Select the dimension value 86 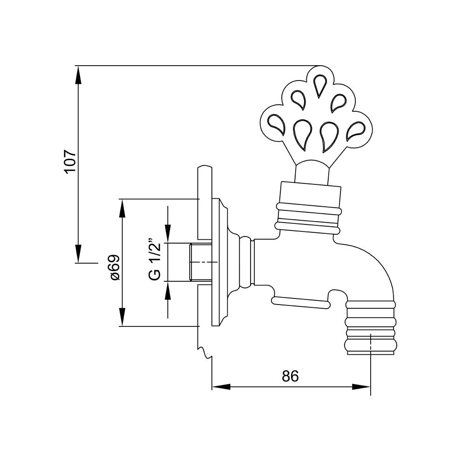point(290,376)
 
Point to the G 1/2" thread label point(155,258)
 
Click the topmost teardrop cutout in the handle point(319,85)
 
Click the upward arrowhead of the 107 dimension point(78,75)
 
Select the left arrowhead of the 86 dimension point(221,386)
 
